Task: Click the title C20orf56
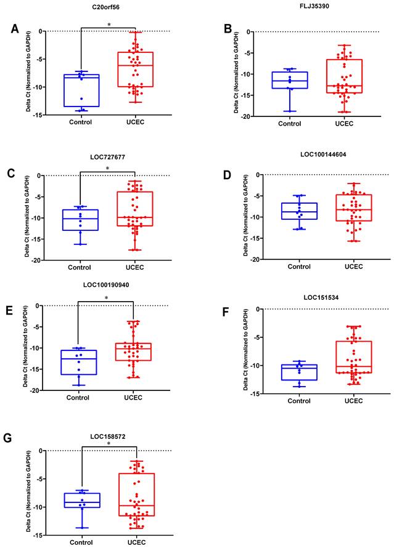point(107,7)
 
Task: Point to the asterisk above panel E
point(107,299)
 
